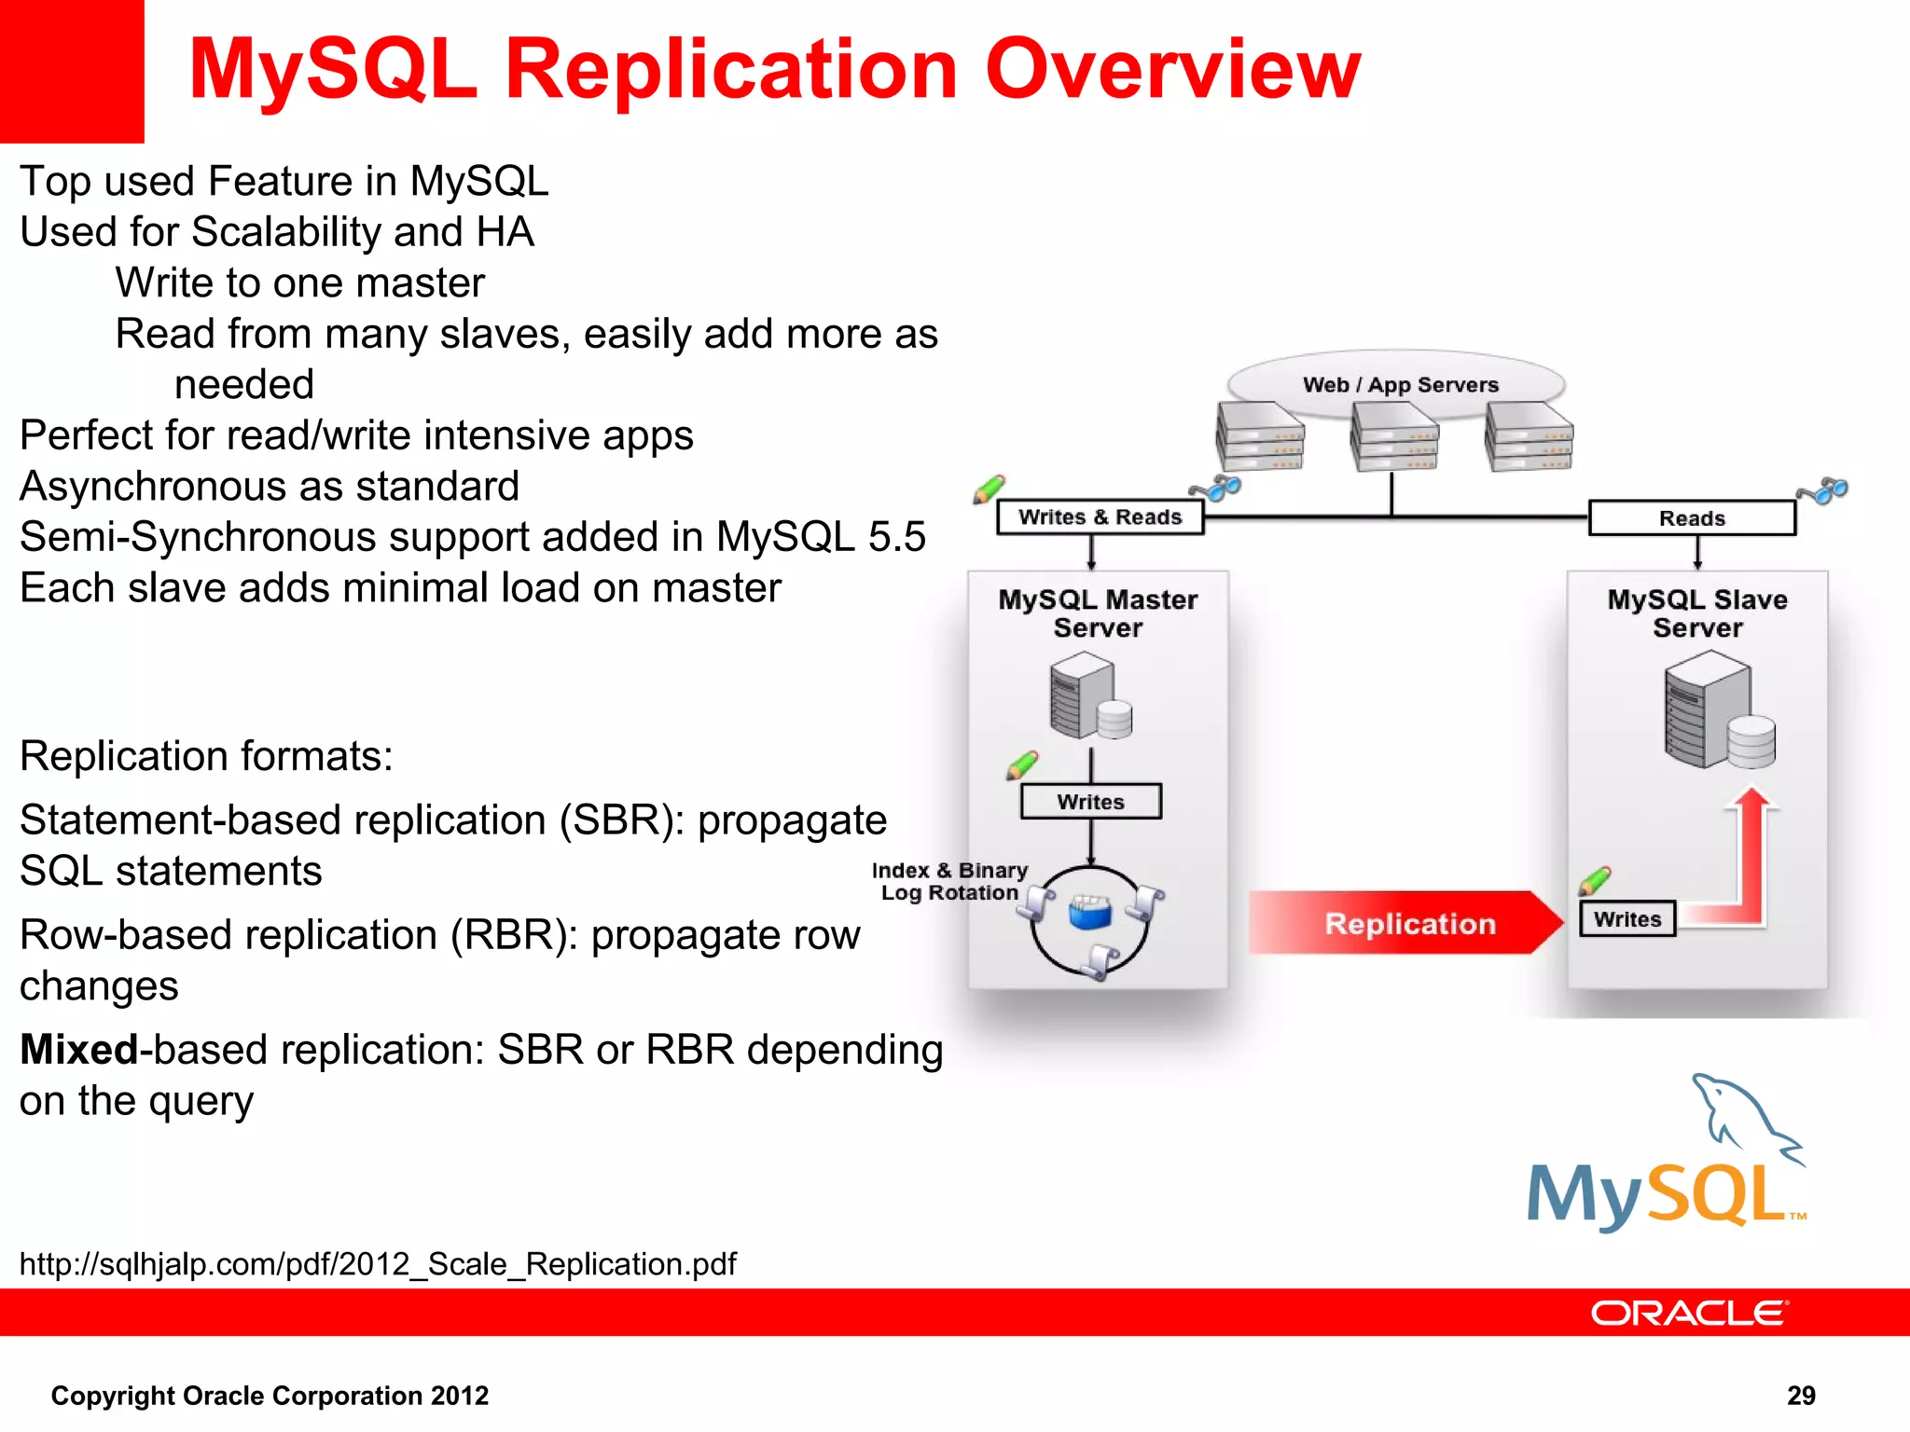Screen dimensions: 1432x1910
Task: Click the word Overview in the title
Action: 1172,70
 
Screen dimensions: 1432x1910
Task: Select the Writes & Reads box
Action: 1100,517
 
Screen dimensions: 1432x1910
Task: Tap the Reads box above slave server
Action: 1691,518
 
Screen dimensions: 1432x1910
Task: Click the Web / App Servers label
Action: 1399,385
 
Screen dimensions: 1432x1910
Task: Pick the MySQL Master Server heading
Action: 1098,613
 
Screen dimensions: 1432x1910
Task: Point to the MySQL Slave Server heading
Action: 1696,613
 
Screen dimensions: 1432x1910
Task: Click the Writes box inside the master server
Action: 1090,802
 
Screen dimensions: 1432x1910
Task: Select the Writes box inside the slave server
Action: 1627,919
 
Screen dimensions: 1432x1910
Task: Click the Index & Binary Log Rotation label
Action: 949,882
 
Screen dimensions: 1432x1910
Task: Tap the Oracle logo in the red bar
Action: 1689,1314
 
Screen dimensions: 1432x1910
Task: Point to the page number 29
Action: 1800,1396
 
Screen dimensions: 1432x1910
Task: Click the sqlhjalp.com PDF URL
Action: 378,1264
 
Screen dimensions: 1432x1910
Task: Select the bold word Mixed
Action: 79,1051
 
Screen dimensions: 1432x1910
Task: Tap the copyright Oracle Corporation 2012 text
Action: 270,1396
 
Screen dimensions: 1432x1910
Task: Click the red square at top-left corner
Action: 72,71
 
